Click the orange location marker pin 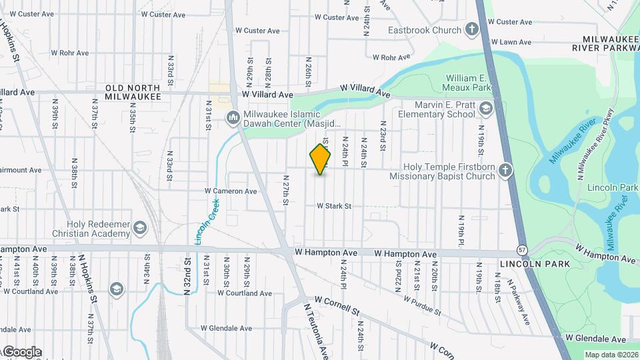tap(321, 159)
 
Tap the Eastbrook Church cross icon tap(472, 29)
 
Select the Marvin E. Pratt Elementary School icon tap(486, 109)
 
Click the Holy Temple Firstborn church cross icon tap(505, 171)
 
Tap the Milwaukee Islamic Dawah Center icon tap(233, 118)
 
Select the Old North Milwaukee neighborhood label tap(133, 92)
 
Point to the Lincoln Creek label tap(207, 219)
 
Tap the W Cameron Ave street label tap(231, 191)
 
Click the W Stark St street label tap(333, 206)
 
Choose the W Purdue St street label tap(422, 303)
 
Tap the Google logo tap(22, 352)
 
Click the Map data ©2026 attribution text tap(611, 355)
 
